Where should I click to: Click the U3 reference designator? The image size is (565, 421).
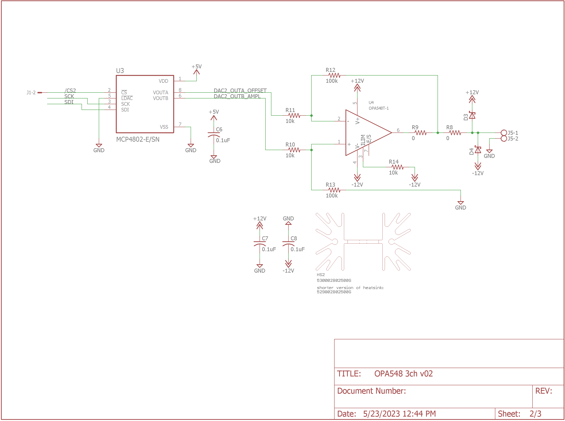120,71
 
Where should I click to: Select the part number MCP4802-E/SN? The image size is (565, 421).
138,139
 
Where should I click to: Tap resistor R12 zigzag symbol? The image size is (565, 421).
334,76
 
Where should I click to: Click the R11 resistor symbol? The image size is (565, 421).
294,116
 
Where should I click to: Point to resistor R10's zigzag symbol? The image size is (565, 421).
294,150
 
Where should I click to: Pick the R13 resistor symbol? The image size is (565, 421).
334,190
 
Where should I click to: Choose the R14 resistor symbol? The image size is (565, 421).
397,167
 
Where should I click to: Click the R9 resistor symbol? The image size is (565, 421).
420,133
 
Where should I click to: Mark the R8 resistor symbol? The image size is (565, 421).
455,133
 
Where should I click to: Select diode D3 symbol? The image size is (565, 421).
472,115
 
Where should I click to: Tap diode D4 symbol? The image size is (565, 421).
478,150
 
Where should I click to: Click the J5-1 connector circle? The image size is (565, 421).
504,133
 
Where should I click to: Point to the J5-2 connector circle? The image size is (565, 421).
504,139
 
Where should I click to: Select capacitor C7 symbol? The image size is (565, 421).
260,244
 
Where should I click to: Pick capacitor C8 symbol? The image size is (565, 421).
288,244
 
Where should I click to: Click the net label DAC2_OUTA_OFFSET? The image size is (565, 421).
240,90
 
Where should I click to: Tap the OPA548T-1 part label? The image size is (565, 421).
379,108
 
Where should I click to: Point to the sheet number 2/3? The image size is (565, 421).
535,414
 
